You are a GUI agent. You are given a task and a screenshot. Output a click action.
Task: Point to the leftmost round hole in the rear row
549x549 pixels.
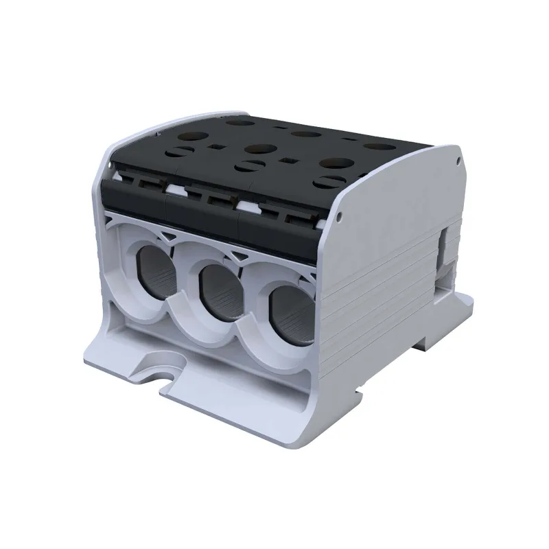[x=240, y=124]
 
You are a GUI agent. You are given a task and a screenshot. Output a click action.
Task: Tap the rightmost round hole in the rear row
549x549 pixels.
[x=374, y=146]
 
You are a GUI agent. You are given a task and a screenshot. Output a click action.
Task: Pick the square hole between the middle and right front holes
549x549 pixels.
[x=286, y=162]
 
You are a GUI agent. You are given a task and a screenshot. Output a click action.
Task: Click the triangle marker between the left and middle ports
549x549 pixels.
[x=174, y=236]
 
